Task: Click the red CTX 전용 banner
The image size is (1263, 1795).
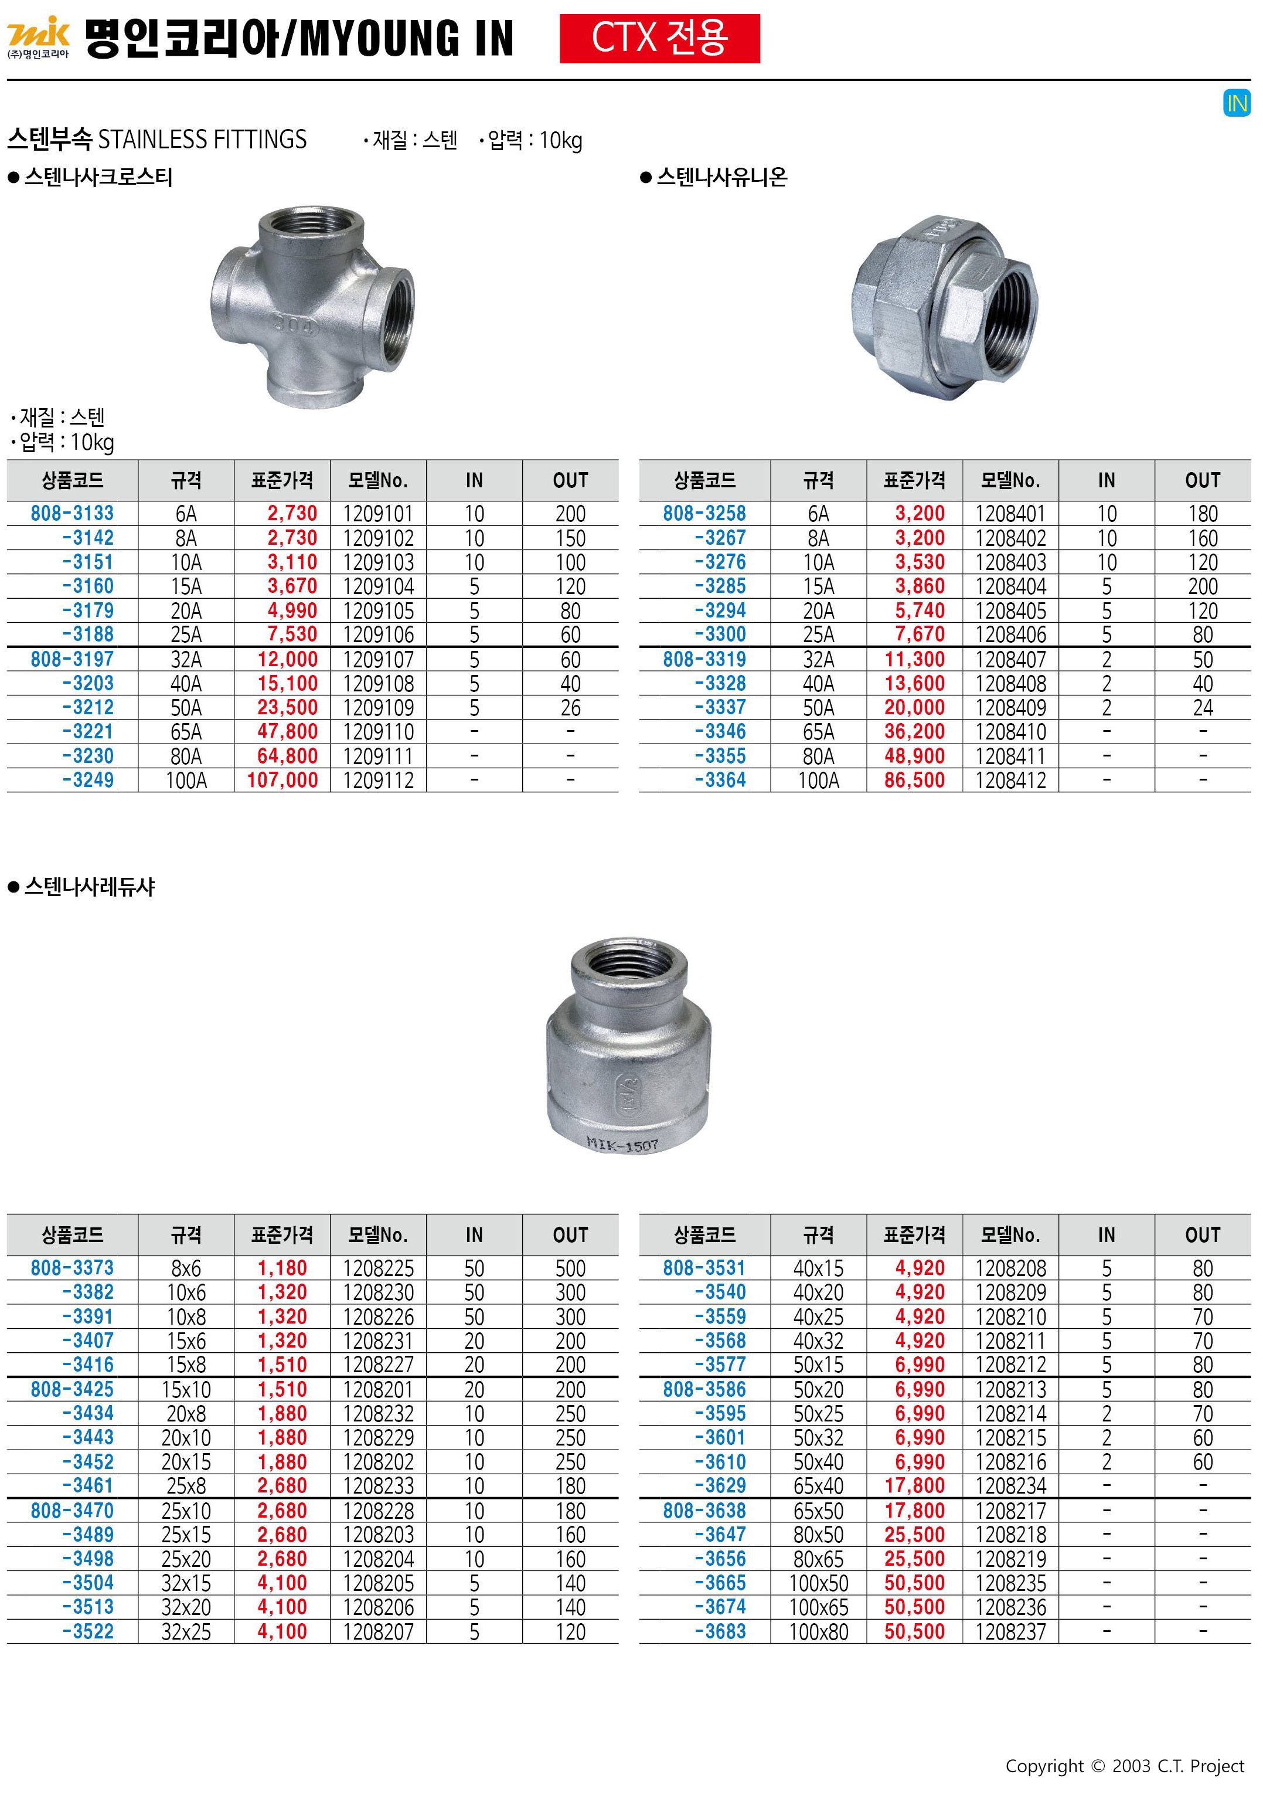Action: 660,38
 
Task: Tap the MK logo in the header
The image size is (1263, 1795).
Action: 38,37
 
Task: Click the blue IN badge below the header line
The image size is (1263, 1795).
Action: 1237,103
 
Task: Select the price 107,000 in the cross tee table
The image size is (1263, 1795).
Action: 282,781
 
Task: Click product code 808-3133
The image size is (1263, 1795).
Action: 72,514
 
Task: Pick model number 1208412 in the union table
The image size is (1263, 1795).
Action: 1010,781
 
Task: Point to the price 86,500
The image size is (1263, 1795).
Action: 914,781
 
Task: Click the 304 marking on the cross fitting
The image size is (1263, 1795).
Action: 295,324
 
